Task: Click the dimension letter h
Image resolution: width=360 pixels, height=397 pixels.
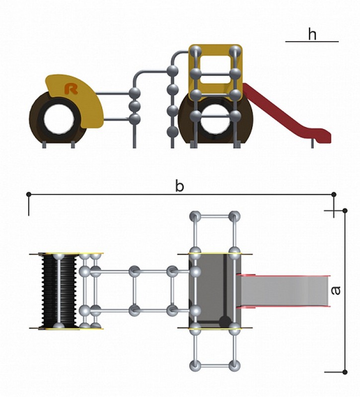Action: [312, 34]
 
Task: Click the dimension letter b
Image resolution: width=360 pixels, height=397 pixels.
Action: [179, 186]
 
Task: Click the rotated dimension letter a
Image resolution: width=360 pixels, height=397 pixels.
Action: [336, 290]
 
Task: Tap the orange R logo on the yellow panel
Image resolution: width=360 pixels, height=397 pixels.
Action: [71, 89]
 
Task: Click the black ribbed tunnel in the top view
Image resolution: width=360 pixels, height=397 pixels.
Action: [59, 291]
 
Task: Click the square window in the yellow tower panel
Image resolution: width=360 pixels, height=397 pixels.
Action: [216, 69]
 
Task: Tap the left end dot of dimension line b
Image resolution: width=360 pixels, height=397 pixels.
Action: [29, 195]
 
